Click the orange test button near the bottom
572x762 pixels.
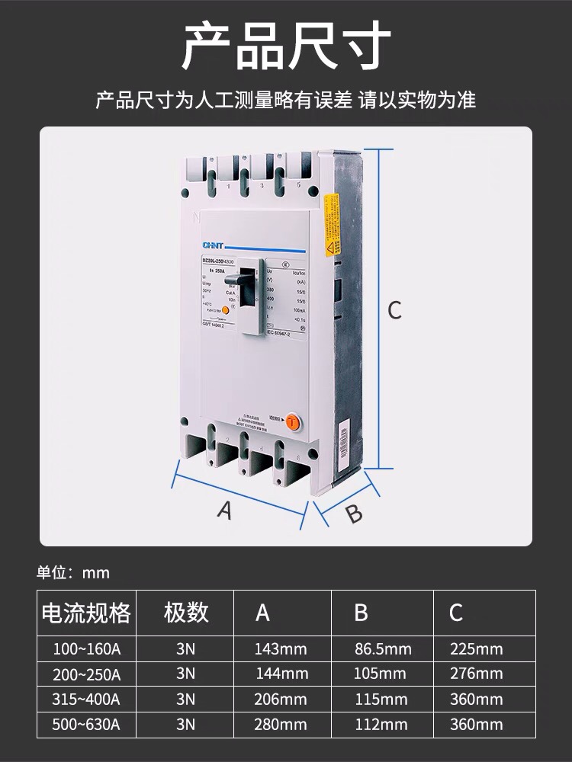coord(291,419)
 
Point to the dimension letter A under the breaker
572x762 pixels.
coord(224,510)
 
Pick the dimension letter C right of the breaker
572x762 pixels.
coord(394,310)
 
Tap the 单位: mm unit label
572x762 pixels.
coord(73,573)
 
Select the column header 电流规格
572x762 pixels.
coord(86,613)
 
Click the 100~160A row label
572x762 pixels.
coord(86,649)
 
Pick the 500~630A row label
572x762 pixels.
coord(86,724)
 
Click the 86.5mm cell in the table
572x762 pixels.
coord(383,649)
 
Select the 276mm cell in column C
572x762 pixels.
coord(477,674)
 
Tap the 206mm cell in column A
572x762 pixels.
coord(281,699)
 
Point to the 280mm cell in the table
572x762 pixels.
coord(281,724)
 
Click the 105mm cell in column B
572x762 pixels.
coord(381,674)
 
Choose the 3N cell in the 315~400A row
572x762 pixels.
coord(185,699)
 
